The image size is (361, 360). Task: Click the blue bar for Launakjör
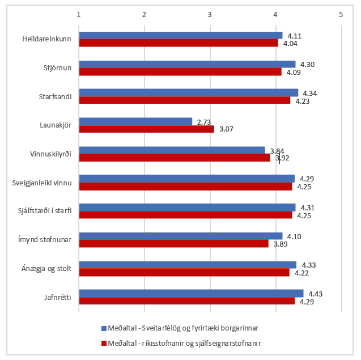click(136, 121)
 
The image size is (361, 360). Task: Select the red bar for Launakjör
click(147, 129)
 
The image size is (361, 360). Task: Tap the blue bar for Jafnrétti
click(192, 293)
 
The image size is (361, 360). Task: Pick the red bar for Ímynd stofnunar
click(173, 243)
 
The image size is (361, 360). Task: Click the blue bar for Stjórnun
click(187, 64)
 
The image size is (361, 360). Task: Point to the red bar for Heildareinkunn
click(179, 43)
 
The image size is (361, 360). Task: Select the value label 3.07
click(227, 129)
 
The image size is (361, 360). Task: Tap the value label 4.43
click(316, 294)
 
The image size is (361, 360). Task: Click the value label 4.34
click(311, 93)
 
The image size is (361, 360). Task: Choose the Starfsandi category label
click(57, 96)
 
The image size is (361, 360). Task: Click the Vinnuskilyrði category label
click(51, 154)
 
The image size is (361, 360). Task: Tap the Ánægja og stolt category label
click(49, 268)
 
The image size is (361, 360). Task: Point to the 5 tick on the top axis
click(341, 14)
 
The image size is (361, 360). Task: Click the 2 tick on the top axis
click(145, 14)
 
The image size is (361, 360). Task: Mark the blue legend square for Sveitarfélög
click(104, 328)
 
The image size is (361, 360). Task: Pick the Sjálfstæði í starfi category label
click(44, 211)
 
